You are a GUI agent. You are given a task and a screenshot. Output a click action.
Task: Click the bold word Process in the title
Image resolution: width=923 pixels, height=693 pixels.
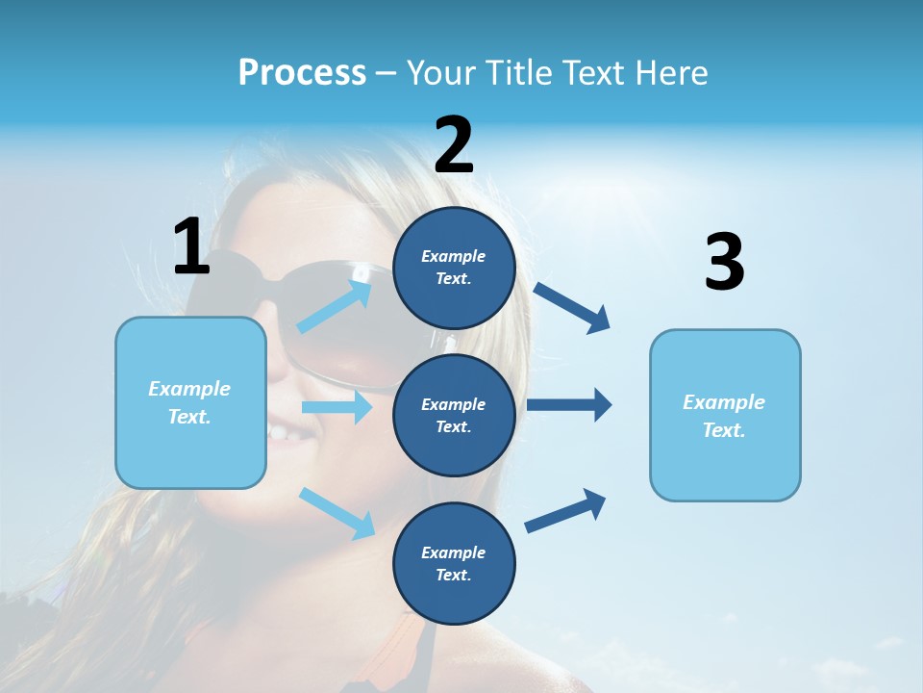pyautogui.click(x=302, y=72)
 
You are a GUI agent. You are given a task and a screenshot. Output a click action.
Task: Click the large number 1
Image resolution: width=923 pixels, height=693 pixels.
pyautogui.click(x=191, y=246)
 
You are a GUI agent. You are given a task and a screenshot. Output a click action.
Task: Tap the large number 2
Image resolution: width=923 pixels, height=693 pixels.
pyautogui.click(x=454, y=144)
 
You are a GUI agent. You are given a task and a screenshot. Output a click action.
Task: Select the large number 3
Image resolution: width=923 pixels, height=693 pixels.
pyautogui.click(x=725, y=262)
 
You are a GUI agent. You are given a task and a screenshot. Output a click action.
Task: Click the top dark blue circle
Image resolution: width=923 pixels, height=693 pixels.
pyautogui.click(x=454, y=268)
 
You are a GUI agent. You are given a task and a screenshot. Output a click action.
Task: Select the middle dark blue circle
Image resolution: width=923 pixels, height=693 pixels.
pyautogui.click(x=454, y=415)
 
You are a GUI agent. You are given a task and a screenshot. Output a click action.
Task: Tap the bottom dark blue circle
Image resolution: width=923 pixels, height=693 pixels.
pyautogui.click(x=454, y=563)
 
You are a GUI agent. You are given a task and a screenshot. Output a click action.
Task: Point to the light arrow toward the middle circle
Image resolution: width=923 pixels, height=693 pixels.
pyautogui.click(x=337, y=407)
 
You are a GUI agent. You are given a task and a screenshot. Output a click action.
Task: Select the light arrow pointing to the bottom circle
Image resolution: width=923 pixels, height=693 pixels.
pyautogui.click(x=337, y=512)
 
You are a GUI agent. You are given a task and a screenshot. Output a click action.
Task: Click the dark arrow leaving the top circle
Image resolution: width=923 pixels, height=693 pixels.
pyautogui.click(x=573, y=308)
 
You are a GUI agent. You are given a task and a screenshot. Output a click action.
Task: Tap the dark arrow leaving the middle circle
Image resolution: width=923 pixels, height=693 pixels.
pyautogui.click(x=569, y=405)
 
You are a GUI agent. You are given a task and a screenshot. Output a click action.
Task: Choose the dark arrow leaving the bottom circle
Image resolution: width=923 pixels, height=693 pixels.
pyautogui.click(x=566, y=510)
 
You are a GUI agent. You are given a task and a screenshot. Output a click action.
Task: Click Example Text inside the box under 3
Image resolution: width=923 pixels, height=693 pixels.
pyautogui.click(x=724, y=416)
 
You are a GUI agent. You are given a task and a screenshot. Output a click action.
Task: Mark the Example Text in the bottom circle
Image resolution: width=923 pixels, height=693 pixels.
pyautogui.click(x=454, y=563)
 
